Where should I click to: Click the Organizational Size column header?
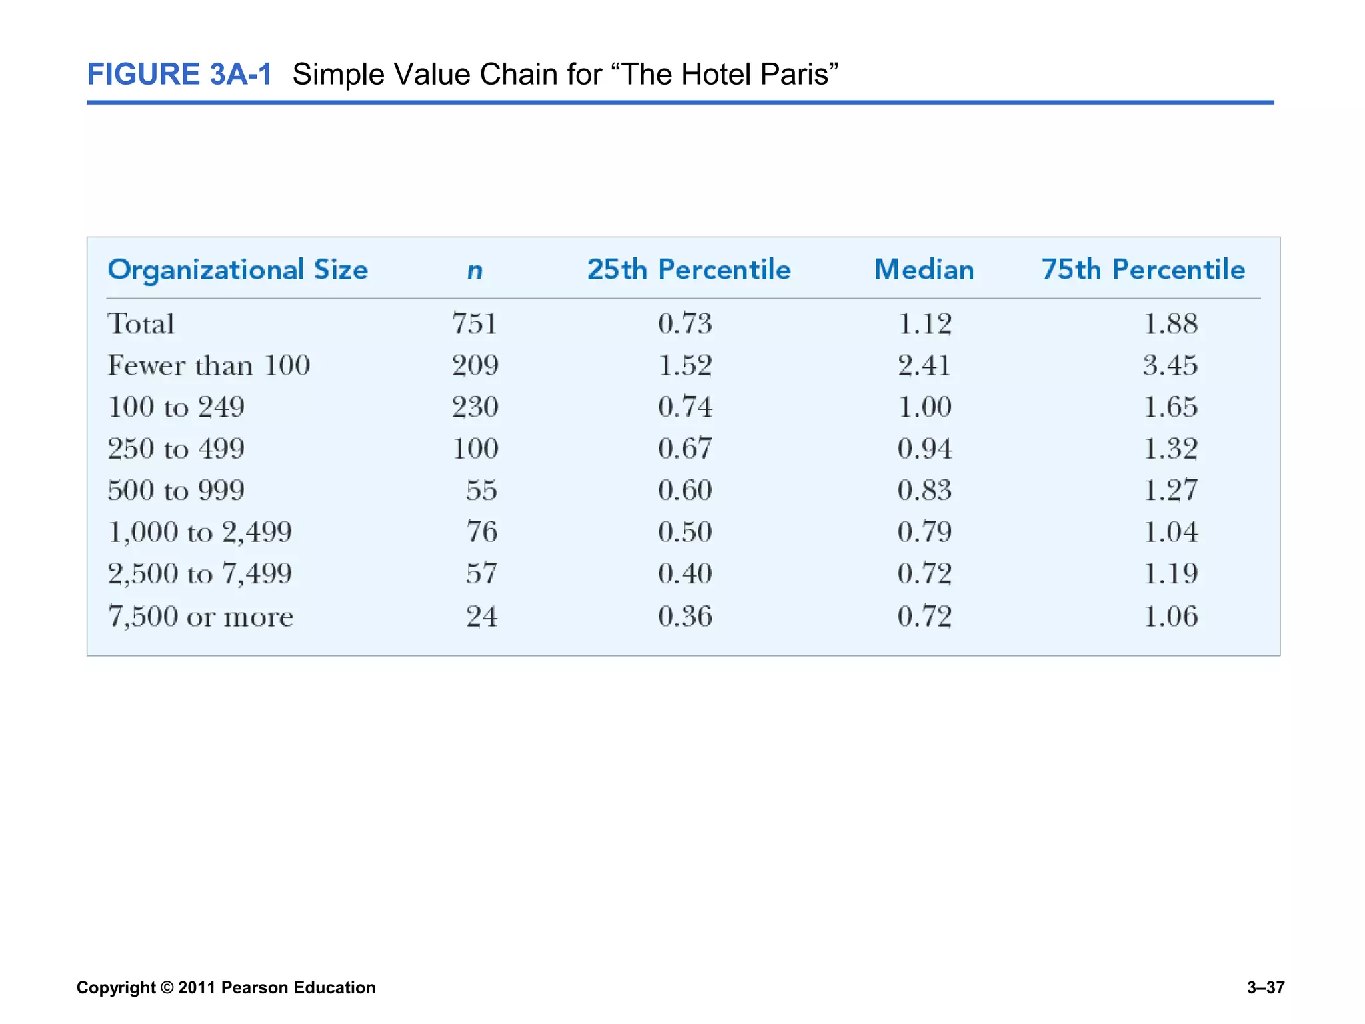click(x=237, y=271)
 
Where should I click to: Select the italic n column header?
click(x=475, y=271)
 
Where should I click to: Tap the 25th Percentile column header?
click(x=688, y=270)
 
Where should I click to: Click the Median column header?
click(x=924, y=270)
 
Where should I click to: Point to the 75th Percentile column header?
click(x=1143, y=270)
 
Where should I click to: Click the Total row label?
click(x=141, y=324)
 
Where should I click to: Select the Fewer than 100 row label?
click(x=209, y=365)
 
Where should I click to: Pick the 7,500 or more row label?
click(x=200, y=616)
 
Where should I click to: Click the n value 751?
click(x=475, y=324)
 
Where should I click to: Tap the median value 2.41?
click(x=924, y=365)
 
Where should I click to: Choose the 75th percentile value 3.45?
click(x=1170, y=365)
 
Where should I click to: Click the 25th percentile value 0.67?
click(x=685, y=449)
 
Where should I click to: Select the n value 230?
click(x=475, y=407)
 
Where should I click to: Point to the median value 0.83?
click(x=924, y=490)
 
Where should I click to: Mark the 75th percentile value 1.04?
click(x=1170, y=532)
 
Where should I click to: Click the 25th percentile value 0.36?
click(x=685, y=616)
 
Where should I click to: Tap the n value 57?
click(x=481, y=573)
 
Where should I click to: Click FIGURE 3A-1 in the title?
click(x=179, y=74)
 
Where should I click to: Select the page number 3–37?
click(x=1265, y=987)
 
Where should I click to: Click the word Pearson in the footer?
click(x=255, y=987)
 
